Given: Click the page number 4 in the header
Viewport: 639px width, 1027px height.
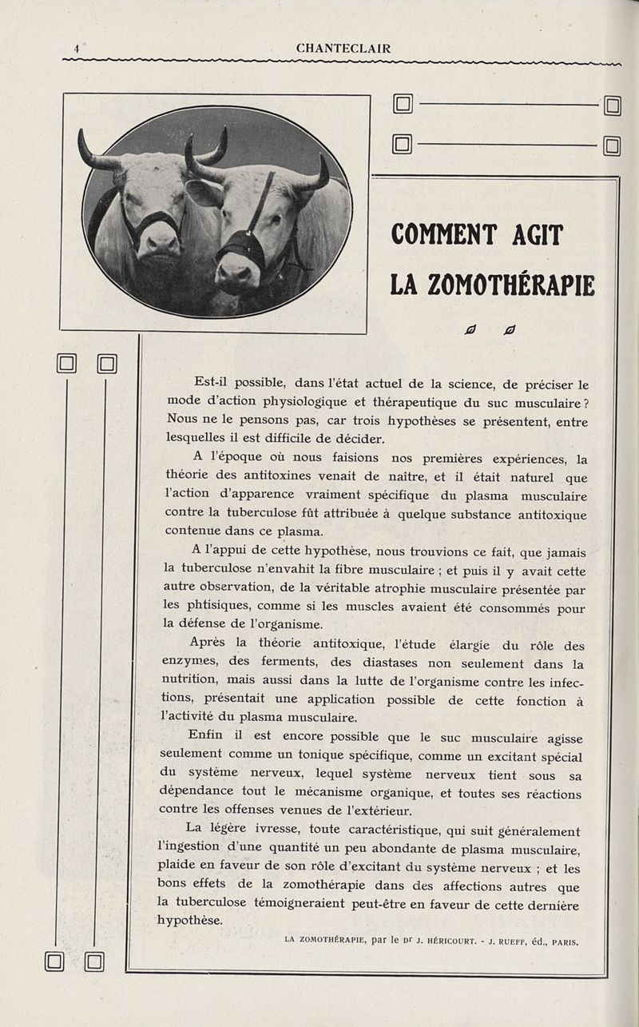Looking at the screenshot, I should (x=76, y=49).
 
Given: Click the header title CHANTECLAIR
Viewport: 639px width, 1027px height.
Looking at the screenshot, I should (x=343, y=49).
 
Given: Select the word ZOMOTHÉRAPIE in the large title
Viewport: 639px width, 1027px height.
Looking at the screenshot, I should (x=515, y=285).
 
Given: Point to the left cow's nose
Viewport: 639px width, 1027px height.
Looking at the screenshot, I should (x=159, y=241).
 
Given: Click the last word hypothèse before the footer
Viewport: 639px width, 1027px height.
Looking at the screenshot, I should (x=190, y=921).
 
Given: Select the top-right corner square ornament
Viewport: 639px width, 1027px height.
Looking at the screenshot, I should (x=613, y=105).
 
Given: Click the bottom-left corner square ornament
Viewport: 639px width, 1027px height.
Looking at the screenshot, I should (x=55, y=961).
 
